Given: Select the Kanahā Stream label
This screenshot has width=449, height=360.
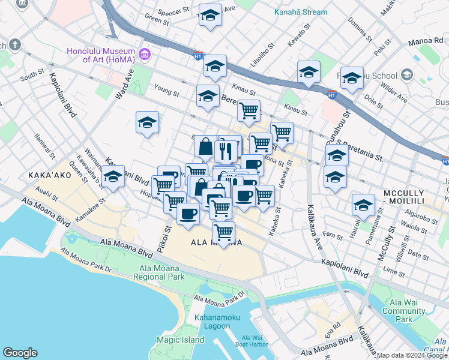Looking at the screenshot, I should tap(301, 12).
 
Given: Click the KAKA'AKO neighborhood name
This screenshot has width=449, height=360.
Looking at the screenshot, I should tap(46, 175).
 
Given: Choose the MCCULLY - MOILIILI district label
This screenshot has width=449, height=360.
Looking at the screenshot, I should tap(412, 194).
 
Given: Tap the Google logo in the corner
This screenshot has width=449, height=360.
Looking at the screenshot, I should tap(20, 353).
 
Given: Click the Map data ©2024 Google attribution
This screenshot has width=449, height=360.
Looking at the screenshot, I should tap(412, 355).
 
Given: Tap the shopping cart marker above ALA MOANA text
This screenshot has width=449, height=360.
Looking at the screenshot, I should tap(223, 232).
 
